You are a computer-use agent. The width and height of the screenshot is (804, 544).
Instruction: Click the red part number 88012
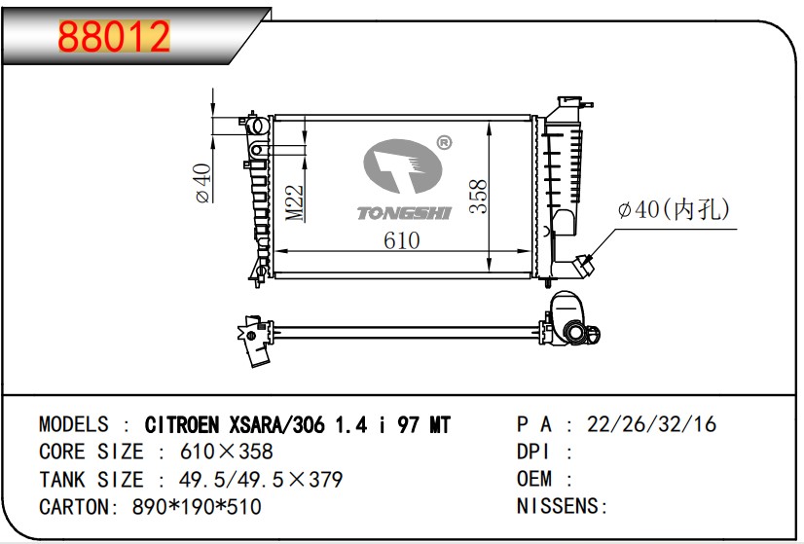pyautogui.click(x=114, y=36)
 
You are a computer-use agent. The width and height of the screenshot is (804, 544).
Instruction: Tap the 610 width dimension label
pyautogui.click(x=401, y=240)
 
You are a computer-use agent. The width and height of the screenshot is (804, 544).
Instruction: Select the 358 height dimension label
pyautogui.click(x=478, y=196)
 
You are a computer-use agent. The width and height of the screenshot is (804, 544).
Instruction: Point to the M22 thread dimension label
pyautogui.click(x=295, y=203)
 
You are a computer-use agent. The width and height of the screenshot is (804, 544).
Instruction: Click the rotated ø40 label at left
pyautogui.click(x=203, y=183)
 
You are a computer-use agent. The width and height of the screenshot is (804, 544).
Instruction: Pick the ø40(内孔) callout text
pyautogui.click(x=674, y=209)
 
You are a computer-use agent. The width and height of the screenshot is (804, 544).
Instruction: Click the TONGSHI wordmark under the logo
pyautogui.click(x=404, y=213)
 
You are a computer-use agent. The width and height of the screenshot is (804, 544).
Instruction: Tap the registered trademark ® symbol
pyautogui.click(x=444, y=143)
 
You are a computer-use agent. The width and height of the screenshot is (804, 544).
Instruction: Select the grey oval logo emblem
pyautogui.click(x=403, y=166)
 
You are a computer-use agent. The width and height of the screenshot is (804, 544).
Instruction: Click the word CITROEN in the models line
pyautogui.click(x=182, y=425)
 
